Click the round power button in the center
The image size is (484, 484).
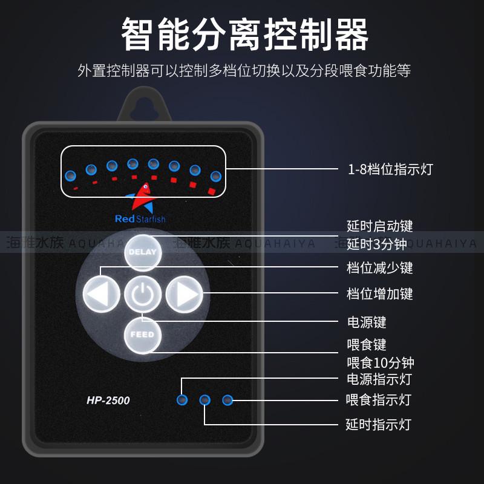143,294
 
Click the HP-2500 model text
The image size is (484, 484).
108,400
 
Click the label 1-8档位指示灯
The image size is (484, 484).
390,169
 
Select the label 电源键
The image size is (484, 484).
366,322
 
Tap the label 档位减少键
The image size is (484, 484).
380,267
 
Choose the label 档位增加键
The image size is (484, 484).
380,294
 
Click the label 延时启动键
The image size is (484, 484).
380,226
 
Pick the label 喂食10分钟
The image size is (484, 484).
380,363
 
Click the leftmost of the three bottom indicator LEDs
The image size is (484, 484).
181,400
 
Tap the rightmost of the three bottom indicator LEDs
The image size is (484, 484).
227,400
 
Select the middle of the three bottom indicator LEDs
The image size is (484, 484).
204,400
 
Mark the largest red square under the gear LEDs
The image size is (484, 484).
212,191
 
